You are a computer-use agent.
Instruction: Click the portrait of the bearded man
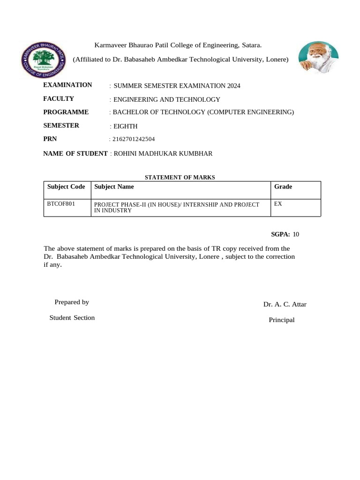tap(318, 57)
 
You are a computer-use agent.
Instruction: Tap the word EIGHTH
tap(125, 126)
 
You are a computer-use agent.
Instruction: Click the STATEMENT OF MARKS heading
tap(180, 177)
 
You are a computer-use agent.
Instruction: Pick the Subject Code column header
tap(66, 187)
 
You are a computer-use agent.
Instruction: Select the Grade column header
tap(283, 187)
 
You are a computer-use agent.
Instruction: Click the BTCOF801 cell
tap(61, 204)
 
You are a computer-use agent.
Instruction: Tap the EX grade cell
tap(278, 204)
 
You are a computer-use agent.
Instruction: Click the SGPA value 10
tap(296, 234)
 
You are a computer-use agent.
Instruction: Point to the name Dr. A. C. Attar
tap(285, 304)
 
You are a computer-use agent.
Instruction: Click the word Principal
tap(281, 320)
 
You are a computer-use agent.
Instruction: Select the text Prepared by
tap(72, 302)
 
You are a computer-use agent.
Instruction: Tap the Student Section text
tap(72, 318)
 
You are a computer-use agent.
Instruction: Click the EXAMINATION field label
tap(67, 85)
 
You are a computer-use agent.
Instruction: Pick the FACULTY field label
tap(59, 98)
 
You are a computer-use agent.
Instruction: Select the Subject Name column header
tap(114, 187)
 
